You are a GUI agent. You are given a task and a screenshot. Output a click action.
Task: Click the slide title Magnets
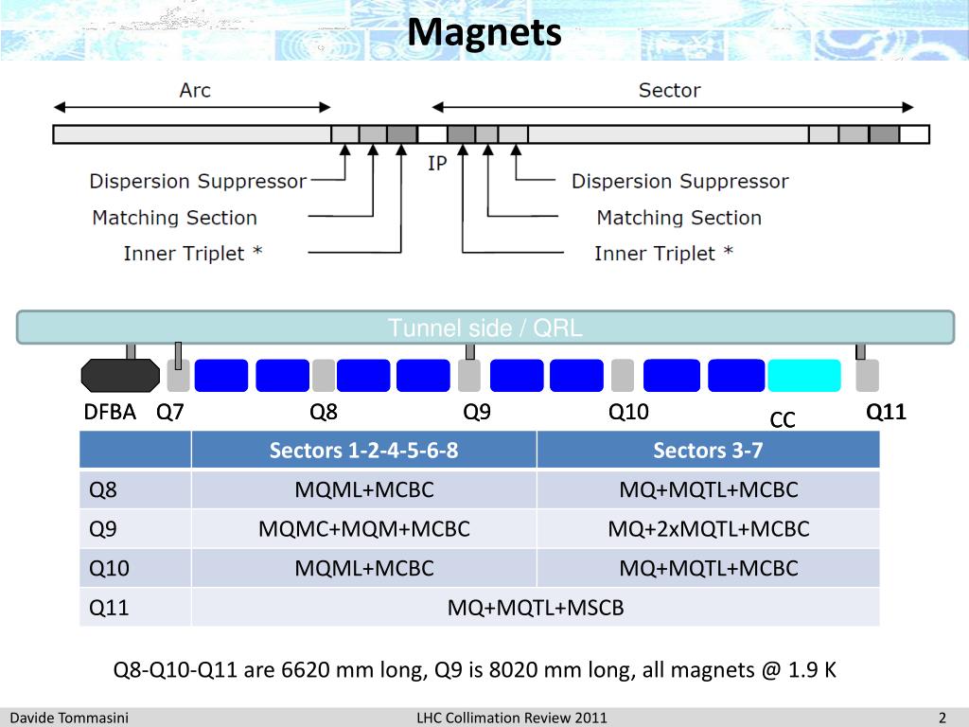[484, 33]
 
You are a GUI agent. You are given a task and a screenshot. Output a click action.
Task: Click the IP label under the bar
[437, 164]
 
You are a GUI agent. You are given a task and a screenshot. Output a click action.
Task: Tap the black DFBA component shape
[120, 376]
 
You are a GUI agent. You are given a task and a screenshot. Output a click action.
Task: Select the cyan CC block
[803, 376]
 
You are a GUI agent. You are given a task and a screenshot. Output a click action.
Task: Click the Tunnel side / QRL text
[484, 328]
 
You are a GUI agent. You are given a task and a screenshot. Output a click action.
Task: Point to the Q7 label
[170, 412]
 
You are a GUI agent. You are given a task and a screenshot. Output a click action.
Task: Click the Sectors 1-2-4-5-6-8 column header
[363, 451]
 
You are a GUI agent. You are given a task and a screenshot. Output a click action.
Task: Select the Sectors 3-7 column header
[708, 451]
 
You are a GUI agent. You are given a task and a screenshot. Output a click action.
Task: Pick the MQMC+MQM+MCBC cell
[363, 529]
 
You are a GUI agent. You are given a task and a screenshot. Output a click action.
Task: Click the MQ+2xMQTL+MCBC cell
[708, 529]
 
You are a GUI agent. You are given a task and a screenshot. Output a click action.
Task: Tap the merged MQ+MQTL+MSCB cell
[536, 608]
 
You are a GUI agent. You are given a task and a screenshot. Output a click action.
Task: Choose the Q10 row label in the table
[110, 568]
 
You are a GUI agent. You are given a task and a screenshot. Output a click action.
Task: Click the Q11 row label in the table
[109, 608]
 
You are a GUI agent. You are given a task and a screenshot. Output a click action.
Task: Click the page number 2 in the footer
[943, 718]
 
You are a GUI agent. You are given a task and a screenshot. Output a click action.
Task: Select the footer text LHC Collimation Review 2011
[512, 718]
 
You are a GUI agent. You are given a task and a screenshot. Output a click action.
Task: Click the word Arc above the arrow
[195, 91]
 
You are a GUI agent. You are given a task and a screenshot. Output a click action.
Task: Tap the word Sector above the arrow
[669, 91]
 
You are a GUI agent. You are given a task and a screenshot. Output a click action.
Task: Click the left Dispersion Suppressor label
[198, 181]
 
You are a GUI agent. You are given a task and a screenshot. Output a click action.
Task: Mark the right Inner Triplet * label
[663, 254]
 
